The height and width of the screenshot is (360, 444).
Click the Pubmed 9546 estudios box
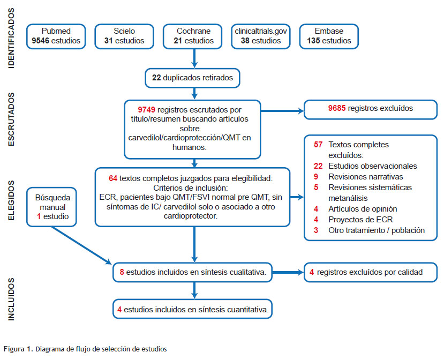pos(56,36)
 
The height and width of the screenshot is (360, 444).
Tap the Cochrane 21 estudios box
pos(193,36)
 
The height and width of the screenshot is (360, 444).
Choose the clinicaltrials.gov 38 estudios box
pos(261,36)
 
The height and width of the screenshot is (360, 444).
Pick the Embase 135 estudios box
pos(329,36)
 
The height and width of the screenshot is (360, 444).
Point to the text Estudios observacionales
pos(373,166)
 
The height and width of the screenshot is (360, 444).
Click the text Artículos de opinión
pos(363,208)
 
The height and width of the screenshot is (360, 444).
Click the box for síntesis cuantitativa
pos(193,309)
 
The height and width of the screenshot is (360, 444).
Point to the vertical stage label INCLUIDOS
pos(12,299)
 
